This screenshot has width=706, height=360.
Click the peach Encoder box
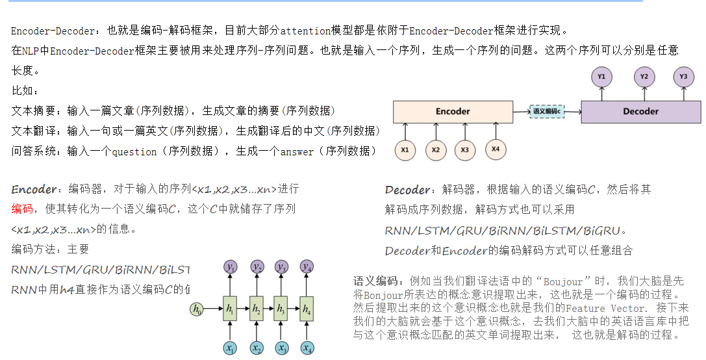pyautogui.click(x=453, y=111)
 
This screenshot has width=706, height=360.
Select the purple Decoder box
pyautogui.click(x=640, y=111)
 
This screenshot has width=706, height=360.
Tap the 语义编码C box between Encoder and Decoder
pyautogui.click(x=547, y=111)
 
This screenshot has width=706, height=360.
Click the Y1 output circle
pyautogui.click(x=601, y=77)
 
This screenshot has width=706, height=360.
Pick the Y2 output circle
pyautogui.click(x=644, y=77)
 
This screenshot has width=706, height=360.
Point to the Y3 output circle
pyautogui.click(x=683, y=77)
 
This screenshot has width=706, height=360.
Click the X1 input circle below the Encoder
pyautogui.click(x=405, y=150)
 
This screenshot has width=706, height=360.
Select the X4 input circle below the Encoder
pyautogui.click(x=496, y=149)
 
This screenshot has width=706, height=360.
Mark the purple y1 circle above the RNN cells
pyautogui.click(x=231, y=268)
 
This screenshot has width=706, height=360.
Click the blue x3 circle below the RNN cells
pyautogui.click(x=281, y=348)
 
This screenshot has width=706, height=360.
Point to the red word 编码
pyautogui.click(x=22, y=209)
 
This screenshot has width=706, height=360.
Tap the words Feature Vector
pyautogui.click(x=605, y=308)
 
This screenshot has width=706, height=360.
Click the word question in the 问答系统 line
pyautogui.click(x=134, y=152)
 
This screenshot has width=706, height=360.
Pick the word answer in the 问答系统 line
pyautogui.click(x=297, y=152)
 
